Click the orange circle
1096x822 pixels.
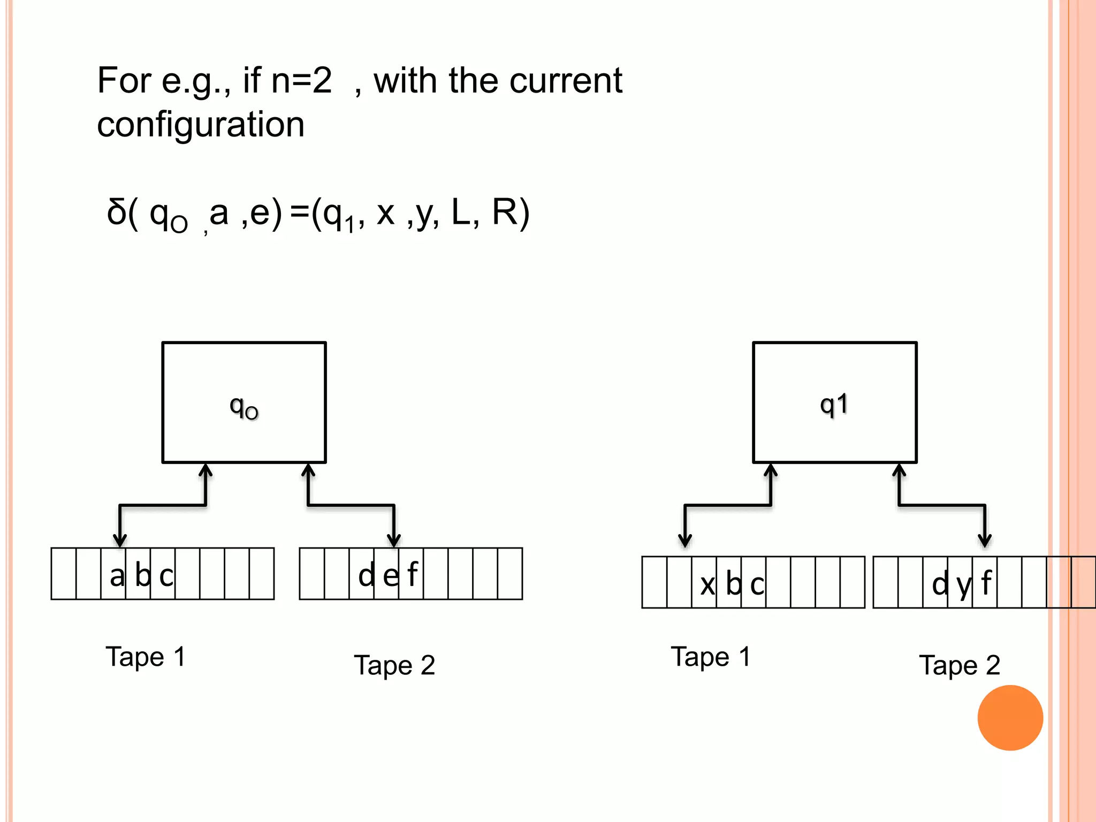click(1010, 718)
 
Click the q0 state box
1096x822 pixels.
click(244, 402)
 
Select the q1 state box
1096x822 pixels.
click(834, 402)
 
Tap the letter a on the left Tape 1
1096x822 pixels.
click(117, 576)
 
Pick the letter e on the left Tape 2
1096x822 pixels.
click(391, 576)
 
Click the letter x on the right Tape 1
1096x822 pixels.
click(707, 584)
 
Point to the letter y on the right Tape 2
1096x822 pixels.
click(964, 585)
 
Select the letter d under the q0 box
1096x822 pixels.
click(367, 575)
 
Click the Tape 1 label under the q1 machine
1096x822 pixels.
click(711, 657)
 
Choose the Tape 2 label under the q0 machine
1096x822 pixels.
click(394, 665)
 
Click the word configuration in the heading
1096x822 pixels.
click(201, 125)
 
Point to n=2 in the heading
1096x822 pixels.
click(301, 81)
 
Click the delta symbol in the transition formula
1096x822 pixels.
click(116, 212)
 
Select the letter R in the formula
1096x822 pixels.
click(504, 212)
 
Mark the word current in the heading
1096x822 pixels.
click(566, 81)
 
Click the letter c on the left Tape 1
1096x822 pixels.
click(166, 576)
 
